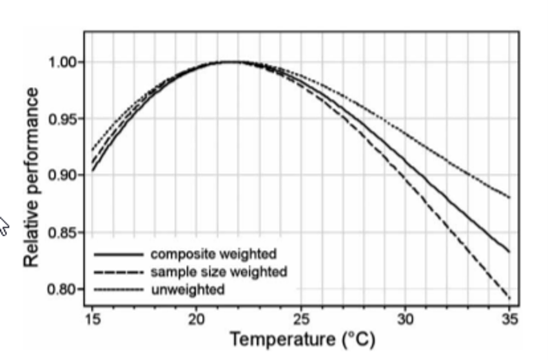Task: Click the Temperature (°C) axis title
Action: coord(302,339)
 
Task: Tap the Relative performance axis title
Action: coord(31,175)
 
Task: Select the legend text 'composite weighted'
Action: coord(213,254)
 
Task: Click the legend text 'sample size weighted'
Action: coord(219,272)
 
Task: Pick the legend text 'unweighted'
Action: coord(188,290)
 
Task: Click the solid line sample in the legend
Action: coord(118,254)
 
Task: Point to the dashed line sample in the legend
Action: coord(118,272)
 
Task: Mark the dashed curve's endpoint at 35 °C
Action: coord(509,298)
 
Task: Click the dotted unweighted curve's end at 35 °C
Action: coord(509,197)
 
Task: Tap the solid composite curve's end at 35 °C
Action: coord(509,252)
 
